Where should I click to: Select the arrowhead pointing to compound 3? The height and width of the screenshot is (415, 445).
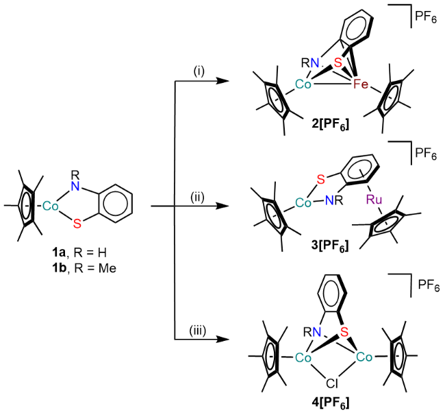click(x=222, y=205)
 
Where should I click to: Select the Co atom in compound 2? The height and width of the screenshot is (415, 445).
click(x=287, y=87)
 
